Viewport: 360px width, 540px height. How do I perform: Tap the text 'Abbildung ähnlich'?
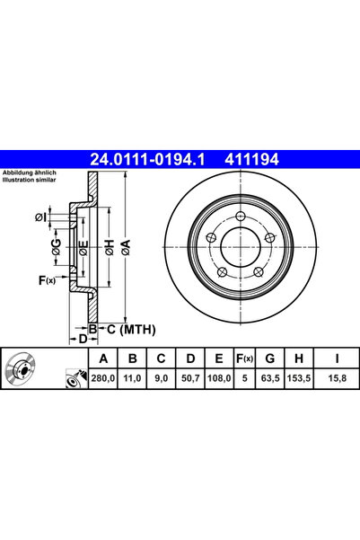[x=30, y=172]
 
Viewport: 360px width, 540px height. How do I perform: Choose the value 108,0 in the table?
[x=218, y=378]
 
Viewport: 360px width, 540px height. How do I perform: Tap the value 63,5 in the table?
[x=268, y=378]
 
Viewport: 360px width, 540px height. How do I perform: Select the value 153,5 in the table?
[x=299, y=378]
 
